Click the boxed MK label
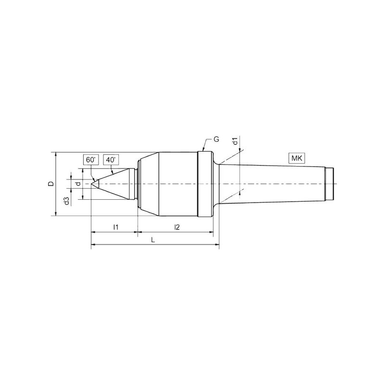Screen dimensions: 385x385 click(296, 158)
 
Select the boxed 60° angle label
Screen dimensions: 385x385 click(90, 160)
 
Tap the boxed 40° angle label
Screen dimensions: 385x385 click(111, 160)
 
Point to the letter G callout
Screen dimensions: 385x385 click(216, 140)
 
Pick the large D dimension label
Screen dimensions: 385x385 click(51, 184)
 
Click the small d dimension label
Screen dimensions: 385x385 click(78, 184)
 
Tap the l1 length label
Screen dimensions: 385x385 click(115, 227)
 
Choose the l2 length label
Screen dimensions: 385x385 click(177, 227)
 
